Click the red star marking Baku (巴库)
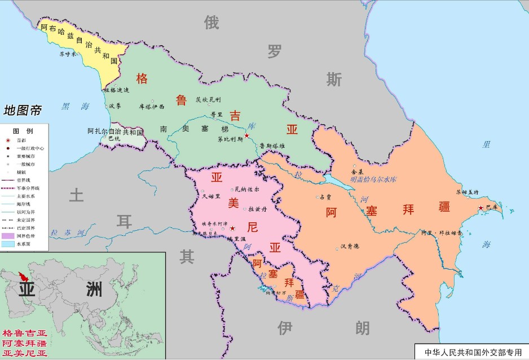coord(480,208)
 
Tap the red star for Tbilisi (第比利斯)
coord(246,136)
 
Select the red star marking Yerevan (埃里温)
coord(232,229)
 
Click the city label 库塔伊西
coord(152,106)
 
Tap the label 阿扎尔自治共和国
coord(116,131)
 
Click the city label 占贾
coord(325,197)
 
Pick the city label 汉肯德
coord(350,246)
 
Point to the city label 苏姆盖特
coord(467,192)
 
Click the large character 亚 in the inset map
coord(33,289)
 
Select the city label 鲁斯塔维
coord(272,145)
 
